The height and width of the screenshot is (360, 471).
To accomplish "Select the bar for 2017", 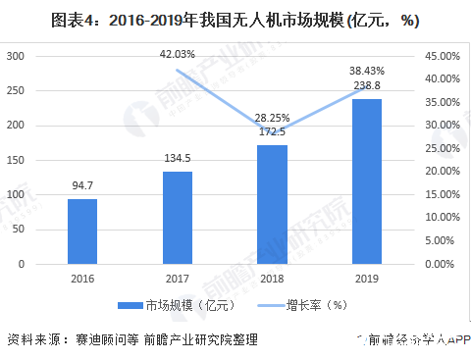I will pyautogui.click(x=178, y=218).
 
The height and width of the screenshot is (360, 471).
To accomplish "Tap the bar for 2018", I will pyautogui.click(x=272, y=205).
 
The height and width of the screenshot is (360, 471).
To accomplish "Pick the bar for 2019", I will pyautogui.click(x=366, y=181).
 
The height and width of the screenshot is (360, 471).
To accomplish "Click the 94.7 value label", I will pyautogui.click(x=82, y=184).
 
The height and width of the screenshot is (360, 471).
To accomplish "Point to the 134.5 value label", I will pyautogui.click(x=178, y=157).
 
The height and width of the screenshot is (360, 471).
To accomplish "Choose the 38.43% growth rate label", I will pyautogui.click(x=366, y=71).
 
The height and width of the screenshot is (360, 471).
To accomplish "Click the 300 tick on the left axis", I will pyautogui.click(x=17, y=56).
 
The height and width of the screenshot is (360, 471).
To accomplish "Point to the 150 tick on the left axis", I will pyautogui.click(x=17, y=160).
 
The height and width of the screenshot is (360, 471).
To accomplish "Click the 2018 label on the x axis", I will pyautogui.click(x=272, y=280).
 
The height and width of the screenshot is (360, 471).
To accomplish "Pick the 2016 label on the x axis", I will pyautogui.click(x=82, y=280).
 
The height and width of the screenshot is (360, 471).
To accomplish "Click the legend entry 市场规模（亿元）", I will pyautogui.click(x=180, y=305).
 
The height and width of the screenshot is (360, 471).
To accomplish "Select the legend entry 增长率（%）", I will pyautogui.click(x=315, y=305).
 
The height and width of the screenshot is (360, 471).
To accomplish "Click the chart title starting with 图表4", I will pyautogui.click(x=235, y=16).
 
